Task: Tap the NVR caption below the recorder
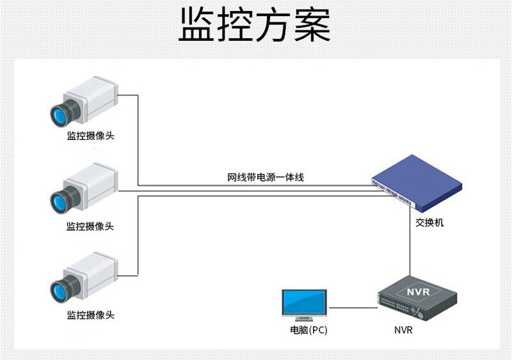(403, 331)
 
